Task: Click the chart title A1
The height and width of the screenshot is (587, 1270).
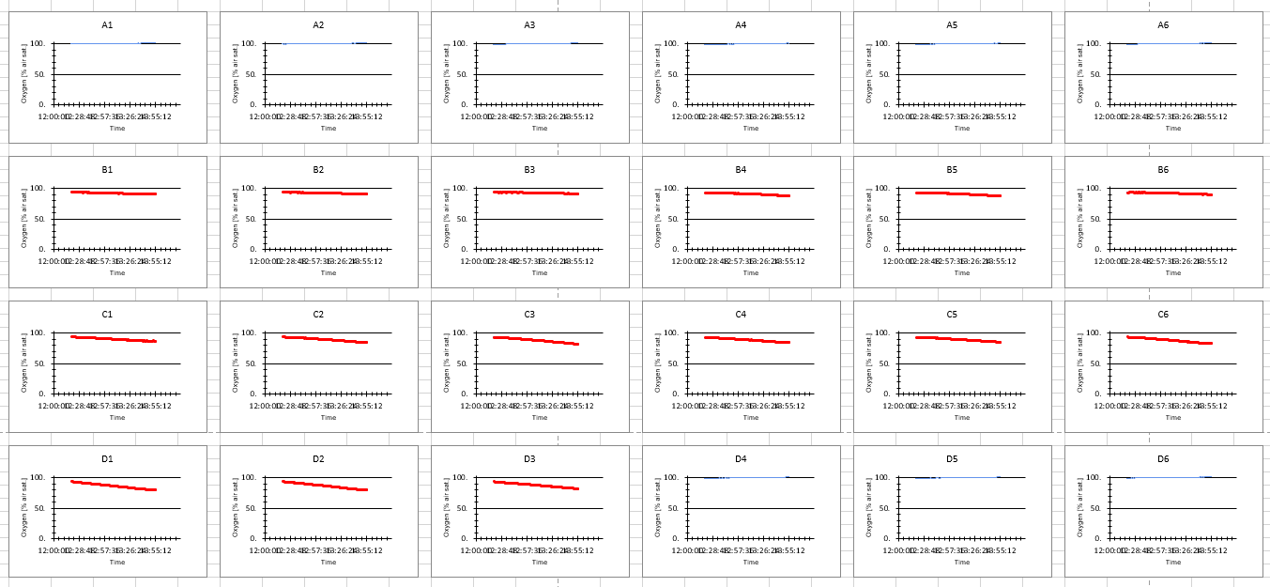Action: click(x=107, y=25)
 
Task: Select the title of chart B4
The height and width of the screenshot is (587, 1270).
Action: click(x=741, y=170)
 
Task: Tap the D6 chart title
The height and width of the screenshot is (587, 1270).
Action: click(x=1163, y=459)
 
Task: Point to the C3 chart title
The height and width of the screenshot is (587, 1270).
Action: click(x=529, y=315)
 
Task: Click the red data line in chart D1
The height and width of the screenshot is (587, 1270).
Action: click(x=113, y=486)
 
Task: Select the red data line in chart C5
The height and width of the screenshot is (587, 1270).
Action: click(x=957, y=339)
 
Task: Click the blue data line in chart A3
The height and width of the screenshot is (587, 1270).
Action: click(x=535, y=43)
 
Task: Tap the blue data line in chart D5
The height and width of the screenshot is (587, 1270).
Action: click(x=967, y=477)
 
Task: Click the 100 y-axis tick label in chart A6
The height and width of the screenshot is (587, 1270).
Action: click(x=1093, y=44)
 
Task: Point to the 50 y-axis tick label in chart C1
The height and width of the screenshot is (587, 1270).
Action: click(x=39, y=363)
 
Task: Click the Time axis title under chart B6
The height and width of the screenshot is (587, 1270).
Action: click(x=1172, y=273)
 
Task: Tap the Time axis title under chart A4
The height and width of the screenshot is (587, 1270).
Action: click(x=750, y=129)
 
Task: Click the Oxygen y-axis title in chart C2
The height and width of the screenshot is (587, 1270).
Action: click(x=236, y=363)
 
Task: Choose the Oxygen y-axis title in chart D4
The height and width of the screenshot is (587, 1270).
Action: click(x=658, y=507)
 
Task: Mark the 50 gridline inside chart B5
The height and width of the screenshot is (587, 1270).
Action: click(x=967, y=219)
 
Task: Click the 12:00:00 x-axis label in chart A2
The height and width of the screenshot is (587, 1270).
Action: click(x=264, y=117)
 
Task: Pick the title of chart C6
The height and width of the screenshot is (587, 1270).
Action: click(x=1163, y=315)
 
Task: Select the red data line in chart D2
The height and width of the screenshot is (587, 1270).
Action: click(x=324, y=486)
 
